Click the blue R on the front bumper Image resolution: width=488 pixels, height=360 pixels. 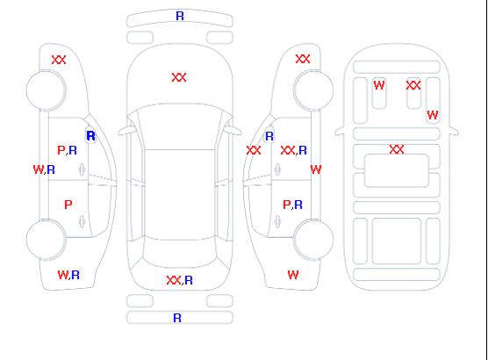180,16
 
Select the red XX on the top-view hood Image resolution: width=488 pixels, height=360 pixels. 179,77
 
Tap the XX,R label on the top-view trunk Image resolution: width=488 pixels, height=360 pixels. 180,280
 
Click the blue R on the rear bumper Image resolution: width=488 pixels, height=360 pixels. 177,318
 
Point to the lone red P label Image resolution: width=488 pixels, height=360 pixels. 68,205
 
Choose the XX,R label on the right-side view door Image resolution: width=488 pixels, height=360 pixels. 293,150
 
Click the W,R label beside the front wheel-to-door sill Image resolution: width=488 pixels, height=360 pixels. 44,169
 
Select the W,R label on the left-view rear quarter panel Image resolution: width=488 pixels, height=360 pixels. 68,275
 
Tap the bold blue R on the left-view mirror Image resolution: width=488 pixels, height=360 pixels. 90,136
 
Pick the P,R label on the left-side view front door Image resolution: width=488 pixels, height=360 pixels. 68,150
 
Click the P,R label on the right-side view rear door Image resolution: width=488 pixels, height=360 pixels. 292,205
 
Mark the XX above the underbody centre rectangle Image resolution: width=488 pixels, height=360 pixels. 397,149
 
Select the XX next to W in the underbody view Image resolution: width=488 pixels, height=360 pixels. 413,85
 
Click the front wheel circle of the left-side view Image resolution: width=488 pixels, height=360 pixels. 46,90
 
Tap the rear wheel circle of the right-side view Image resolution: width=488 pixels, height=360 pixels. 313,239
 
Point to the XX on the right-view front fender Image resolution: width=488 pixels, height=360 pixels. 303,59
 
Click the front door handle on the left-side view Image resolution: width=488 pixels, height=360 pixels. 82,169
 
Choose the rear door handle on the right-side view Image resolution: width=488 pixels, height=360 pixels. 277,221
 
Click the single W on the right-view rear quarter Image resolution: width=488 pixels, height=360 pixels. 293,275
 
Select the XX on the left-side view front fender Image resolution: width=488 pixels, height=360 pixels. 59,60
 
